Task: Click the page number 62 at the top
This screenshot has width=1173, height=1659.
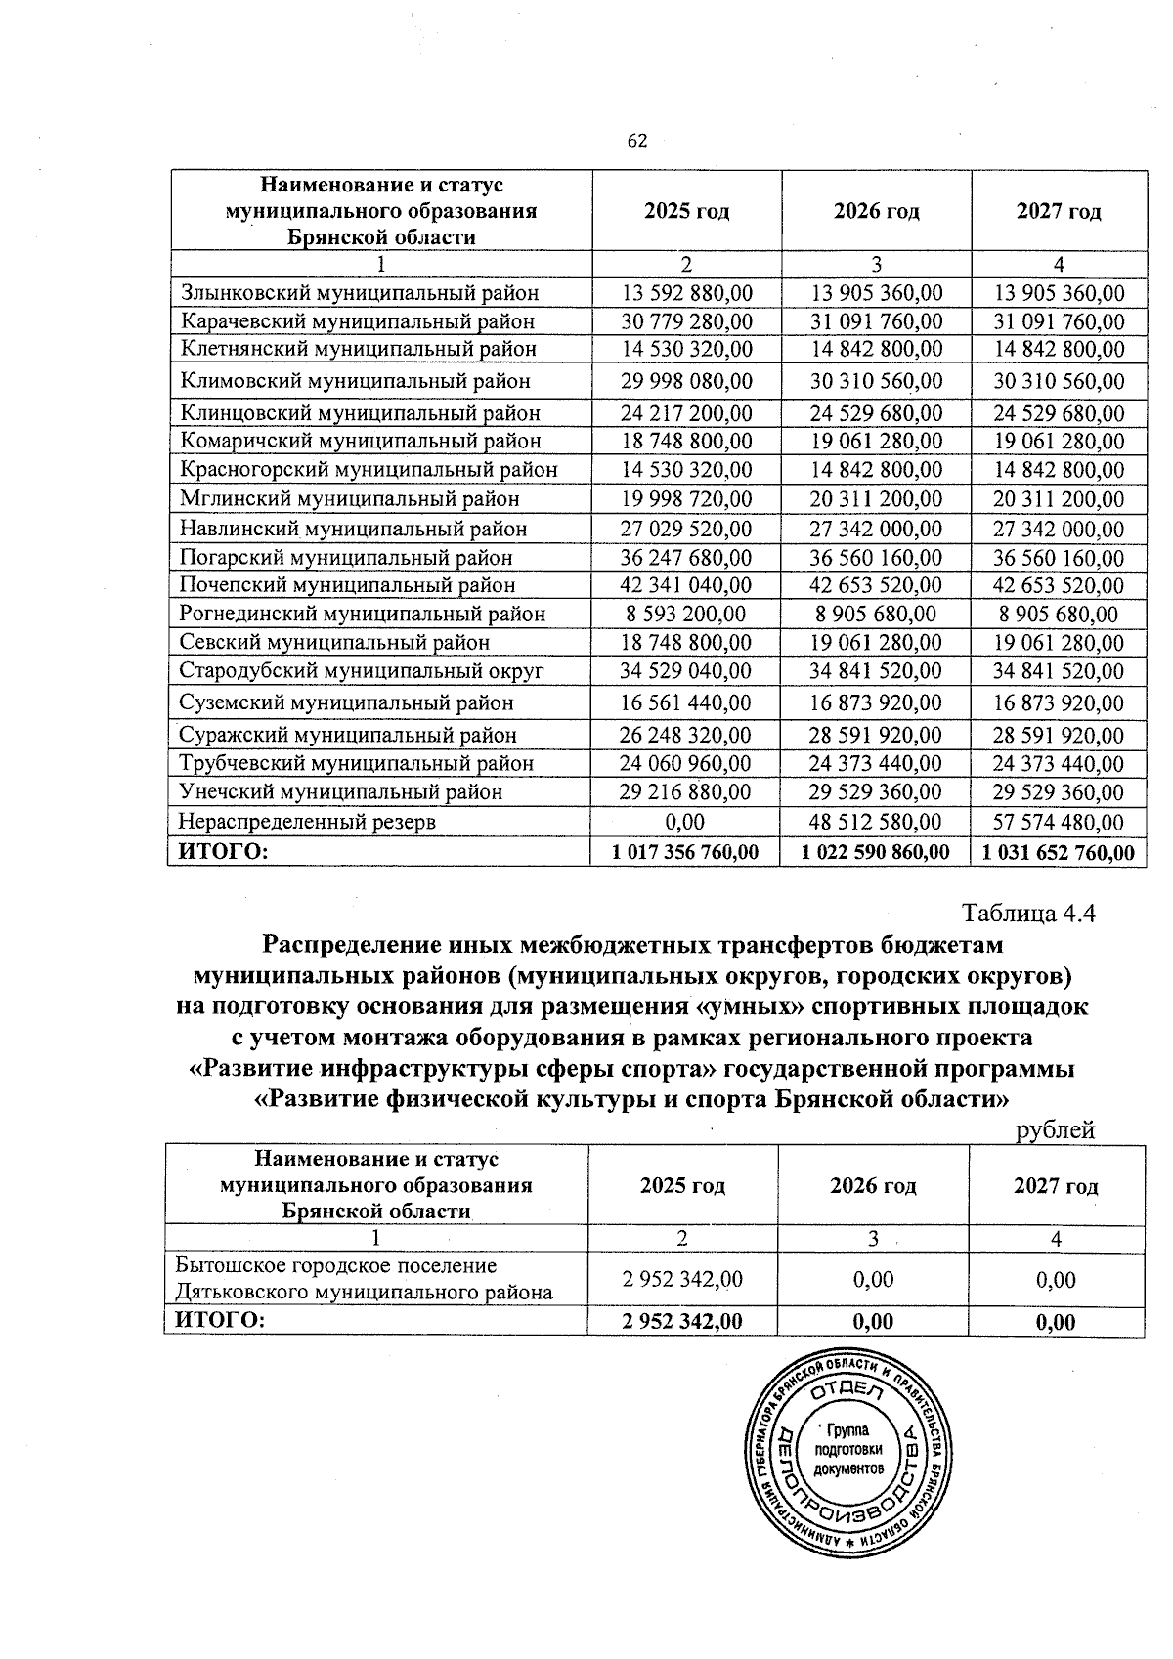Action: coord(636,141)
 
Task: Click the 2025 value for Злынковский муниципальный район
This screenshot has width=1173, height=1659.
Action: coord(687,293)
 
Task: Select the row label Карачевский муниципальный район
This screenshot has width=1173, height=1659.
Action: coord(358,321)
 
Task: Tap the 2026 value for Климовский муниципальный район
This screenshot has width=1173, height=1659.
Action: coord(877,380)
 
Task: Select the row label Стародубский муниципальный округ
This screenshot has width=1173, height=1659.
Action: coord(362,671)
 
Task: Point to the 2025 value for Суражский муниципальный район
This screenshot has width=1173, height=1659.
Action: coord(687,734)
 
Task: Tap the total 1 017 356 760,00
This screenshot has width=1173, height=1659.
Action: coord(685,852)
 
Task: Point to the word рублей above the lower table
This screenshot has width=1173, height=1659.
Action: coord(1056,1130)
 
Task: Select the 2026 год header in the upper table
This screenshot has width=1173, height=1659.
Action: coord(877,211)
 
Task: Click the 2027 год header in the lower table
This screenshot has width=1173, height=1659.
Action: coord(1056,1186)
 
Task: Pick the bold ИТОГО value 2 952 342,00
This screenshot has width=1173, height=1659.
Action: coord(682,1322)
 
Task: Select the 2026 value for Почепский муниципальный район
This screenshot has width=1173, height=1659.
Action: coord(877,585)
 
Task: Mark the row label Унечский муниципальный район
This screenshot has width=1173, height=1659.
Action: coord(341,791)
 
